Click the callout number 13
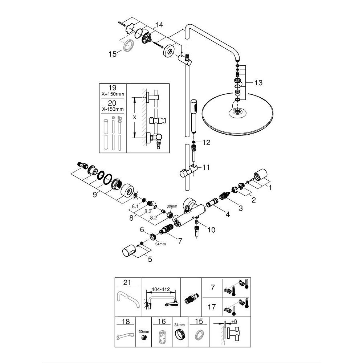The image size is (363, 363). (x=258, y=83)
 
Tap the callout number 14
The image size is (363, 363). (x=159, y=25)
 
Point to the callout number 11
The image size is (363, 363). (x=206, y=167)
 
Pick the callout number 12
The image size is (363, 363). (x=206, y=143)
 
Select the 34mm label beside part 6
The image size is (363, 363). (x=160, y=244)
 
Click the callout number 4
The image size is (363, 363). (x=228, y=215)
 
